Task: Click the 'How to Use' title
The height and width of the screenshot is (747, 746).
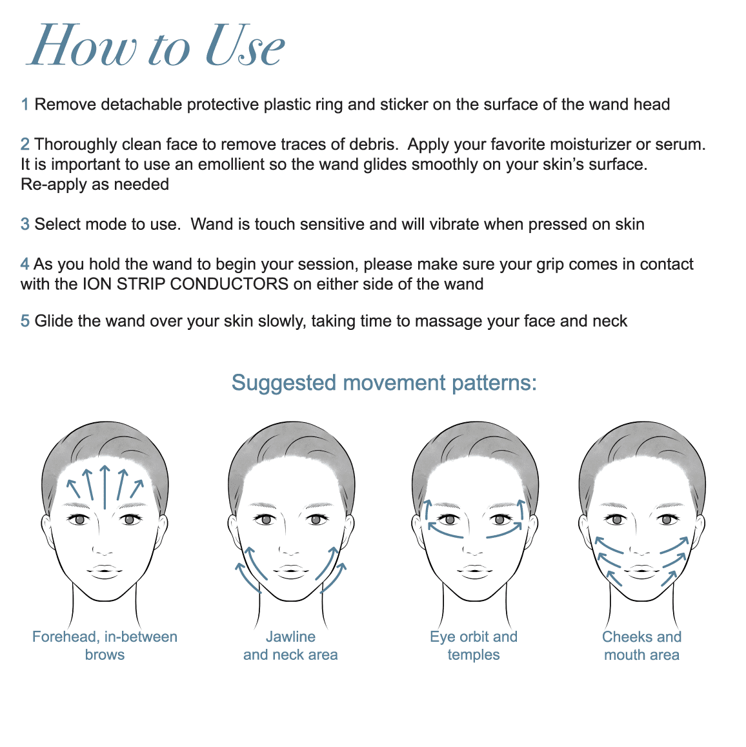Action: coord(156,45)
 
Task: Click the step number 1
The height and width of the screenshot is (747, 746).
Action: coord(25,105)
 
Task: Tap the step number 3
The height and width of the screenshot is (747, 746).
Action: coord(25,224)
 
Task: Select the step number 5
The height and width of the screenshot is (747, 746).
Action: coord(25,321)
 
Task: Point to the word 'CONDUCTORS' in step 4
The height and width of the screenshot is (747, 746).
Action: coord(229,284)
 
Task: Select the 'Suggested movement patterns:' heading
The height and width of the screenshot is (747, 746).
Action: coord(384,383)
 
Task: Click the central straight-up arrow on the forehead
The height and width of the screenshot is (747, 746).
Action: coord(105,487)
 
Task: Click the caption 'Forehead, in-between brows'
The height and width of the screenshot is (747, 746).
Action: coord(105,646)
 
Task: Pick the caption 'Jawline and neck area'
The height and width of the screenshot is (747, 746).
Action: coord(290,646)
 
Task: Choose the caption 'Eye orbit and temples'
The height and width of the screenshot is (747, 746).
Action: coord(474,646)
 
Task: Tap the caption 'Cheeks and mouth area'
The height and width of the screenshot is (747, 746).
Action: coord(641,646)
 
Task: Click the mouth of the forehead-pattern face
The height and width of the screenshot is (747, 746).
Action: coord(105,571)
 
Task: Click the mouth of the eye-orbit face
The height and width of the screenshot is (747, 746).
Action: coord(474,571)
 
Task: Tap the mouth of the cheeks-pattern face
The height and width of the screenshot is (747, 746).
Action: coord(641,571)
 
